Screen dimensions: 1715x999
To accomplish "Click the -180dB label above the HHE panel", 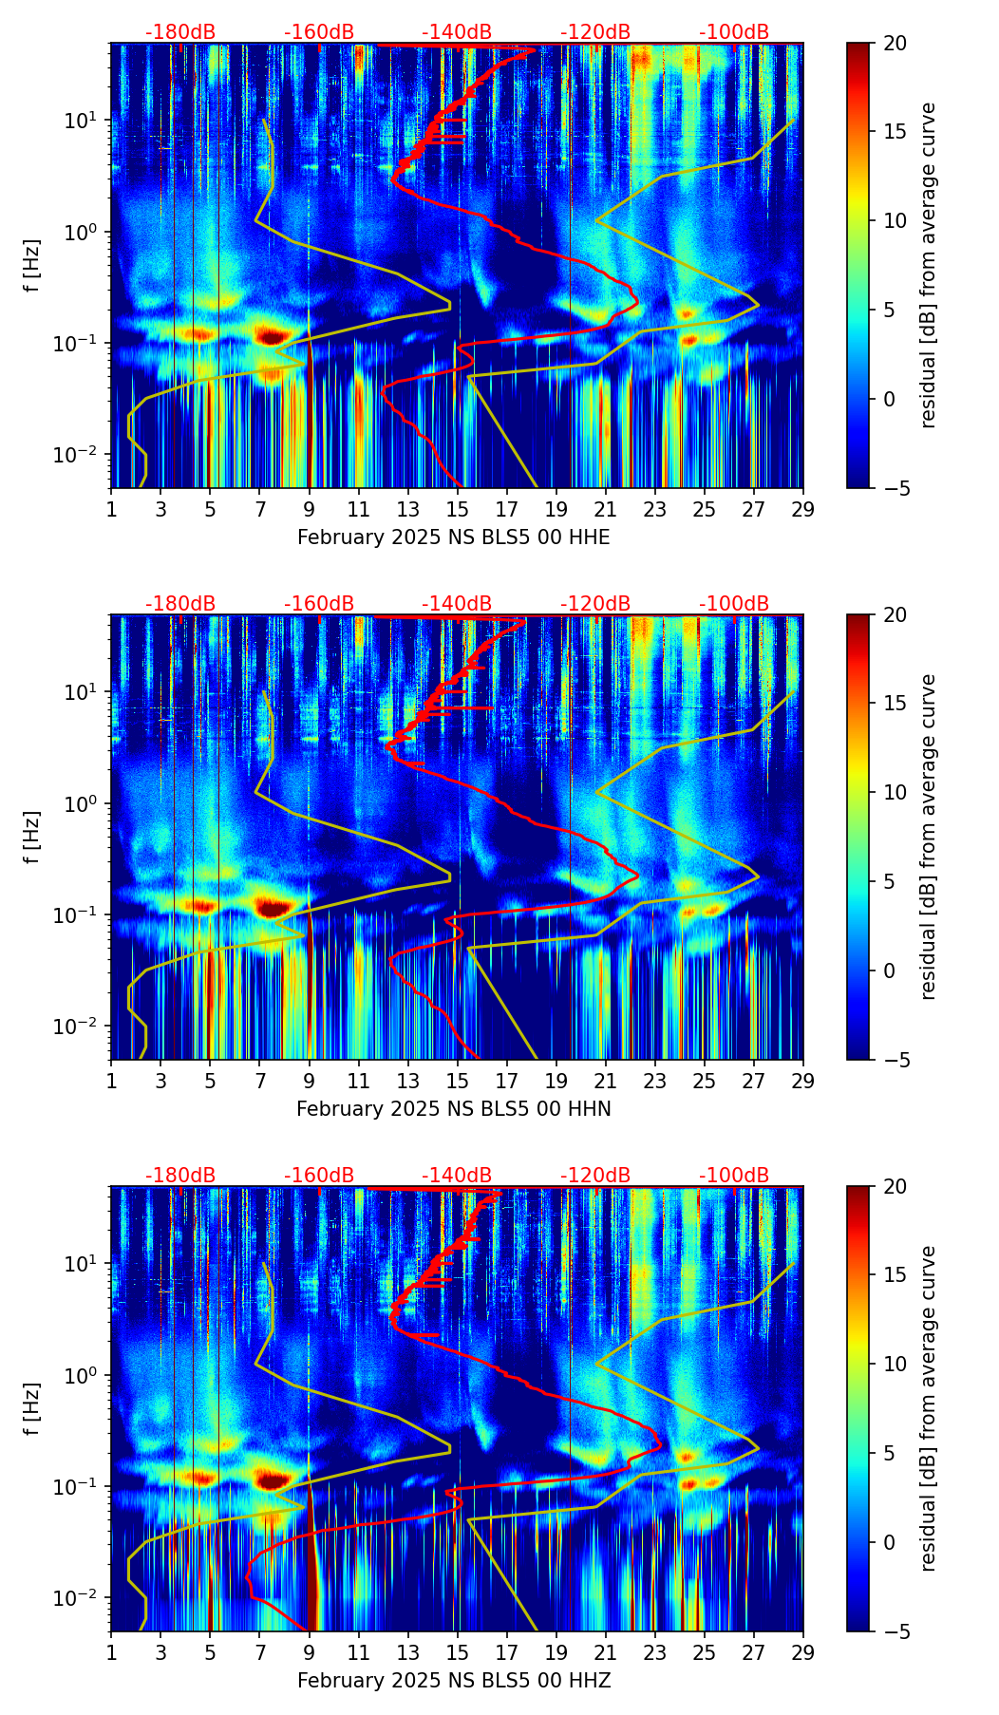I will tap(180, 32).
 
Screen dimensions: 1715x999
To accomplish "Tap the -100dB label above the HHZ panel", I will tap(734, 1176).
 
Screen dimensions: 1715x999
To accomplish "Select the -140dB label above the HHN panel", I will tap(457, 604).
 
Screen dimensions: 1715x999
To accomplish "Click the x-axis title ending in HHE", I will tap(453, 537).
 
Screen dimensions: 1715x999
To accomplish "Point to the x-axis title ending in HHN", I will tap(453, 1109).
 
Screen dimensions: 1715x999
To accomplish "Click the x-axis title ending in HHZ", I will tap(453, 1681).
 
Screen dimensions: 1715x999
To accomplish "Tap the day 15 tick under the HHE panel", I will tap(458, 509).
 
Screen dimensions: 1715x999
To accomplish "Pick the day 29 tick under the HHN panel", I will tap(802, 1081).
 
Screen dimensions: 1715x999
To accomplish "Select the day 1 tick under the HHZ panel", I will tap(111, 1652).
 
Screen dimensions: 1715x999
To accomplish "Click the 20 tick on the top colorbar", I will tap(894, 43).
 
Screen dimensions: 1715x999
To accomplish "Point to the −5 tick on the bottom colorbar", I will tap(894, 1631).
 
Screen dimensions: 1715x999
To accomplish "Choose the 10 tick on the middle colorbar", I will tap(894, 792).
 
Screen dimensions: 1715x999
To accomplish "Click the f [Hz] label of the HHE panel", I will tap(33, 266).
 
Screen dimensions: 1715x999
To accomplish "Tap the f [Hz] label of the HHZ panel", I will tap(33, 1409).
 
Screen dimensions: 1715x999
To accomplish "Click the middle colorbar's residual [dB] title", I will tap(929, 837).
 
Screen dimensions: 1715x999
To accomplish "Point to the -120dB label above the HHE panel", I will tap(595, 32).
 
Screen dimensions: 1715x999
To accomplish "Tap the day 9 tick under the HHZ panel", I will tap(309, 1652).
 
